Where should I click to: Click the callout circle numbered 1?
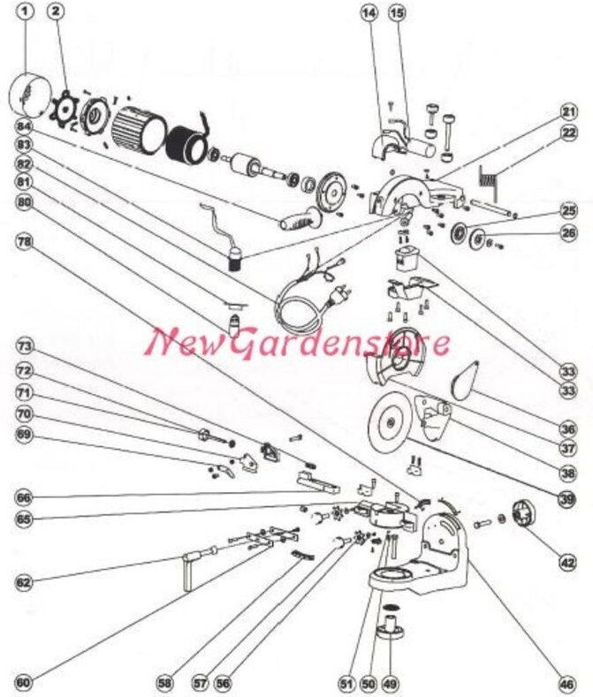[26, 13]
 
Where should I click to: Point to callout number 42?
[566, 558]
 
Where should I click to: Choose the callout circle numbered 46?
[566, 682]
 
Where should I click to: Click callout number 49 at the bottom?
[390, 682]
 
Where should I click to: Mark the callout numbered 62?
[26, 583]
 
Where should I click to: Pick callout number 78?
[26, 241]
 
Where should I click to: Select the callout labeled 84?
[26, 125]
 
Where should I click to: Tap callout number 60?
[26, 682]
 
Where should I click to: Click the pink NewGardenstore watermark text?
[299, 340]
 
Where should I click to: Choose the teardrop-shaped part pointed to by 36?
[465, 383]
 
